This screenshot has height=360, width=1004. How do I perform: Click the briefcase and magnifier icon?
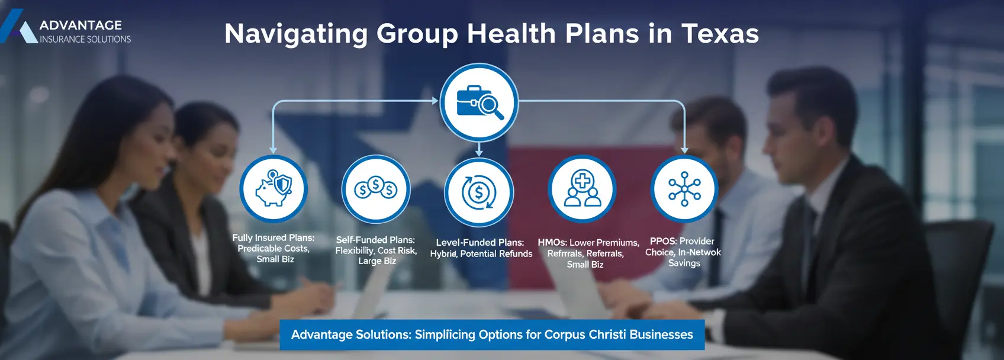(479, 102)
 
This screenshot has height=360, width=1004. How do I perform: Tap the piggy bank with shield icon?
(273, 189)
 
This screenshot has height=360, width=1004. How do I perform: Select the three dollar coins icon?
(376, 189)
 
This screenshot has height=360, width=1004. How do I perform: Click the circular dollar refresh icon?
(479, 192)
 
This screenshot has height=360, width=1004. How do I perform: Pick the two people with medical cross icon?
(583, 189)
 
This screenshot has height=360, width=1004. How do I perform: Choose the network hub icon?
(684, 189)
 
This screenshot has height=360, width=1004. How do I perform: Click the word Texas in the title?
(720, 34)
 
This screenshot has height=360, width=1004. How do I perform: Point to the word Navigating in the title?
(296, 34)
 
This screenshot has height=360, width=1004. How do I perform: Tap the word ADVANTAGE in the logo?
(81, 25)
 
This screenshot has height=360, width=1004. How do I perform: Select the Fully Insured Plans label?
(273, 248)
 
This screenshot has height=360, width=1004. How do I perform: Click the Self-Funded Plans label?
(376, 250)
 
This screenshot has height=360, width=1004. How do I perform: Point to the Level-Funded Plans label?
(481, 247)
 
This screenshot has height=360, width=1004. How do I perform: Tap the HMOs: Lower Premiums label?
(588, 253)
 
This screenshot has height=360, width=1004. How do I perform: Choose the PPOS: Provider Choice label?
(683, 252)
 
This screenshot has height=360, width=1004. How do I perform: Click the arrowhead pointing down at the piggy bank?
(273, 150)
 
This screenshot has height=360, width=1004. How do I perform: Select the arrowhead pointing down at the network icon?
(684, 150)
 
